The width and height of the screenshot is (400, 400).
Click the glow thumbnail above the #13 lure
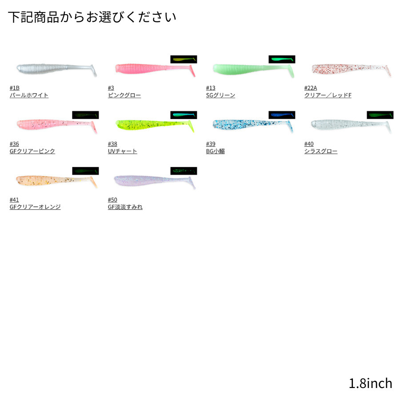click(282, 59)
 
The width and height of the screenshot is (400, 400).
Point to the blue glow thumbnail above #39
click(282, 115)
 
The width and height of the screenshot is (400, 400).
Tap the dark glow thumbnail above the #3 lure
click(184, 59)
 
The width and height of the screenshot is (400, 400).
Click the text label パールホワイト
click(29, 95)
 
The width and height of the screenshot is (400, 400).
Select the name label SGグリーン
click(220, 95)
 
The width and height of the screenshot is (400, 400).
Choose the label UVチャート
click(122, 151)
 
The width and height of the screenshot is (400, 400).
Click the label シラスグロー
click(320, 151)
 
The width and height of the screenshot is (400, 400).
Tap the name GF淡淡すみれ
click(125, 207)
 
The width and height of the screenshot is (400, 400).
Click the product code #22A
click(310, 88)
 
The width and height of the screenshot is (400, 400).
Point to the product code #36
click(14, 144)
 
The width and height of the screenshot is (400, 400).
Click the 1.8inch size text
click(371, 383)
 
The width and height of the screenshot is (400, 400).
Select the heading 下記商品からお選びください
click(92, 17)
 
